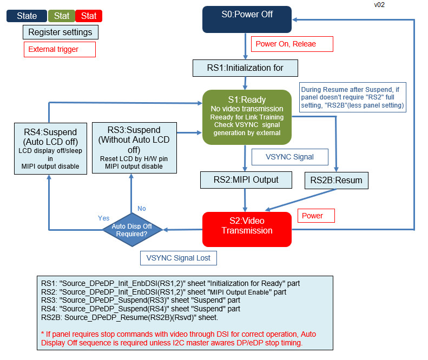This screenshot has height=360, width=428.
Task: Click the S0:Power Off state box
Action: coord(247,19)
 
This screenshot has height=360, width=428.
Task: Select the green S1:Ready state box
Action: coord(247,117)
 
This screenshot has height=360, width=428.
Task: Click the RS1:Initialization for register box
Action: coord(245,68)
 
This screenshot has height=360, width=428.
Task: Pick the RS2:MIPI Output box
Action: coord(246,179)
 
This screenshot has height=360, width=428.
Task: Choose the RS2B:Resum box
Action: coord(337,181)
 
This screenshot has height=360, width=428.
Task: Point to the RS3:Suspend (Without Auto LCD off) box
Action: coord(134,148)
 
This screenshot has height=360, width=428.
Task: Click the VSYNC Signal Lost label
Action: coord(179,258)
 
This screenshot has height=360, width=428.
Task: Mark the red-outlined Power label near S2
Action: coord(316,216)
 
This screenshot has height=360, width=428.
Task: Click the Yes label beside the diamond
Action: coord(104,218)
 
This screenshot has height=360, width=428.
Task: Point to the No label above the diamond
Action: coord(142,208)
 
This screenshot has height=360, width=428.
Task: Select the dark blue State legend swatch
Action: coord(27,16)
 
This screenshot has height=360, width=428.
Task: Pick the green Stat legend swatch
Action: coord(62,16)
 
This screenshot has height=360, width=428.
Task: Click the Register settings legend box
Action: coord(60,32)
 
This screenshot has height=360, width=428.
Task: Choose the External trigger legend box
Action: coord(60,49)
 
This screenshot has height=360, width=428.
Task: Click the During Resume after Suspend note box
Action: coord(352,98)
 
